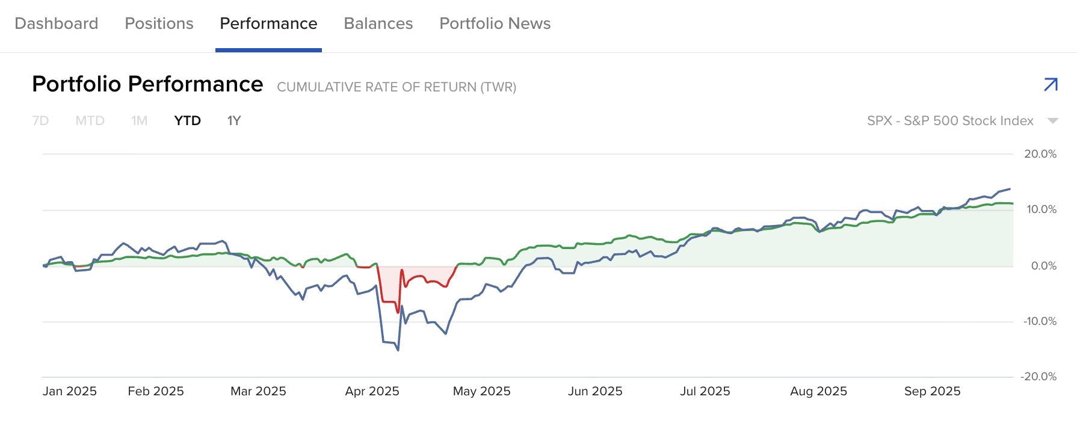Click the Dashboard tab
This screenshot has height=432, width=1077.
coord(56,23)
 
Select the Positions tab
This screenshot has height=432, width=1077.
coord(159,23)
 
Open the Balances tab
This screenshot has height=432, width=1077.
coord(378,23)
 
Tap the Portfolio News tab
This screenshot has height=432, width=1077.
coord(495,23)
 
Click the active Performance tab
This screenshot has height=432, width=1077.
coord(268,23)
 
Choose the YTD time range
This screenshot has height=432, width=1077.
coord(187,121)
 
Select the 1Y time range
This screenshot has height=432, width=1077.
coord(234,121)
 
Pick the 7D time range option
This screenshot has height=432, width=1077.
coord(40,121)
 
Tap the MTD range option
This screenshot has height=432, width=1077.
coord(90,121)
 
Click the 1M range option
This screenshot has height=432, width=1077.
coord(139,121)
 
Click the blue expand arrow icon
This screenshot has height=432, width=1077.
coord(1051,85)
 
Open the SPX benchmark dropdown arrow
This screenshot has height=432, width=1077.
coord(1052,121)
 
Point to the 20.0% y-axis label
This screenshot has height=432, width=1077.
coord(1040,154)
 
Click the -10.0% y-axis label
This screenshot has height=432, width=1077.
coord(1040,321)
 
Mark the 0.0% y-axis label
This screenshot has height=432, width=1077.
coord(1043,266)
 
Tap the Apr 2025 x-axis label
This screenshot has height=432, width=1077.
coord(372,391)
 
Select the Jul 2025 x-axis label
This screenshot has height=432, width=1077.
coord(705,391)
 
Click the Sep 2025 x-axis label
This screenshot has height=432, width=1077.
coord(932,391)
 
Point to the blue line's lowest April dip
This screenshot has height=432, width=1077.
coord(398,350)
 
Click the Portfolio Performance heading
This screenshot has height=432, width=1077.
coord(147,84)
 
